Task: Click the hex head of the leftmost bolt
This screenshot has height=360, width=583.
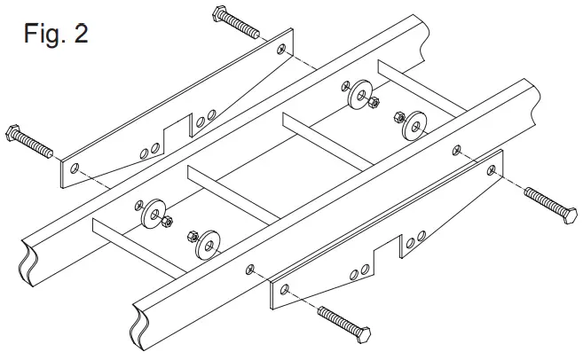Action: [x=13, y=134]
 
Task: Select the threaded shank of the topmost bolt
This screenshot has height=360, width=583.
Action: [x=245, y=27]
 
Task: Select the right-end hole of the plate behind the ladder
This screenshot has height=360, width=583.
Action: [x=282, y=50]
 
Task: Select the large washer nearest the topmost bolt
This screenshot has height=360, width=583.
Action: [x=359, y=94]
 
